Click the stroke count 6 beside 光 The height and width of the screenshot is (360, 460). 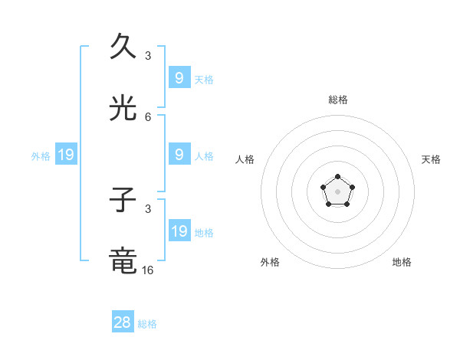click(x=148, y=117)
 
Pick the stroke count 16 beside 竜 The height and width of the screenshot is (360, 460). click(x=148, y=270)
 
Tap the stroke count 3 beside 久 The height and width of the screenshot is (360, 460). click(x=148, y=55)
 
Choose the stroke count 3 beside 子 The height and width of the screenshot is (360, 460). click(x=148, y=208)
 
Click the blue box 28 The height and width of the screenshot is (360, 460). click(x=123, y=322)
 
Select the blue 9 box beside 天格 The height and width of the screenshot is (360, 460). click(x=179, y=78)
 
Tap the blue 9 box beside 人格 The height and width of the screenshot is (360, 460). click(x=179, y=155)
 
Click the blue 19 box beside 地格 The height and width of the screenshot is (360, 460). click(x=179, y=231)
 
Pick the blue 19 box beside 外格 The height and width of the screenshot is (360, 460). click(x=66, y=155)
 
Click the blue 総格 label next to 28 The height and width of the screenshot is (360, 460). click(x=147, y=324)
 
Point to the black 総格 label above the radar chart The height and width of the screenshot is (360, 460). click(x=337, y=100)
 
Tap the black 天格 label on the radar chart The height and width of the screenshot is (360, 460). click(x=431, y=159)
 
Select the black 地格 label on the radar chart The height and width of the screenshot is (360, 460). click(x=402, y=262)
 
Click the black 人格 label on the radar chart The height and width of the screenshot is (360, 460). click(x=245, y=159)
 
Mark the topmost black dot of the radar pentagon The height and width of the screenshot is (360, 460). click(x=337, y=177)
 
